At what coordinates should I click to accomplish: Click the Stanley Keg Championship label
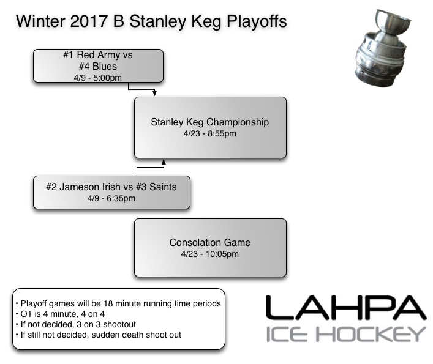[x=209, y=122]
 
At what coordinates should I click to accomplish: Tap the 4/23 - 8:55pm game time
[x=209, y=133]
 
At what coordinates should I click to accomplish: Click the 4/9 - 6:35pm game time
[x=111, y=198]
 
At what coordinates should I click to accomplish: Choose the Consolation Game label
[x=209, y=243]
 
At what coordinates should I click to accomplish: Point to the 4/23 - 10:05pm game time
[x=209, y=254]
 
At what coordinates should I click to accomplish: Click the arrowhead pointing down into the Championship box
[x=155, y=94]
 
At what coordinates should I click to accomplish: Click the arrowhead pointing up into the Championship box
[x=163, y=162]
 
